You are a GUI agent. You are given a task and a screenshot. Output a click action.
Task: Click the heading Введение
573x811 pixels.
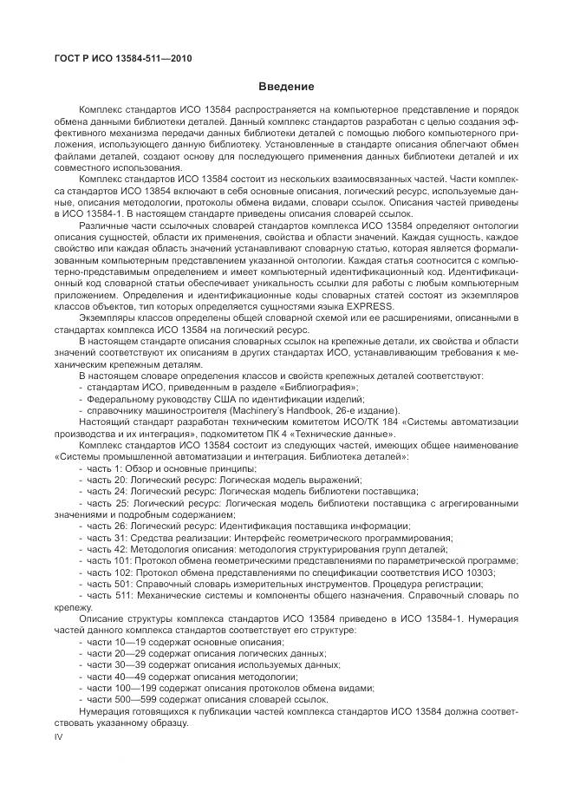(286, 87)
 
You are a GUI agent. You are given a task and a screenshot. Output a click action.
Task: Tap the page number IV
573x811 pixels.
(59, 736)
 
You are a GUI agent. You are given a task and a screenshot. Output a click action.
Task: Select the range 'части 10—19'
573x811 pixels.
(119, 643)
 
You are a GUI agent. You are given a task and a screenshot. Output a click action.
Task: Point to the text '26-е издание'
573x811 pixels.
(369, 410)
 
